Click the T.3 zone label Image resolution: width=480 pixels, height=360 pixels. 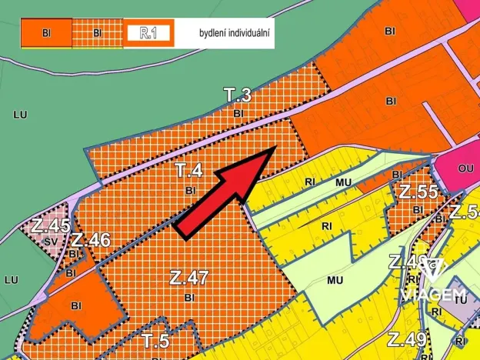pos(238,95)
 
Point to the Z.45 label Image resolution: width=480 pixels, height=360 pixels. pos(51,226)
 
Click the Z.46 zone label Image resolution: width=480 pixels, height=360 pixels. pos(92,240)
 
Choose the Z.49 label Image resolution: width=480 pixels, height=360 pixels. pos(406,338)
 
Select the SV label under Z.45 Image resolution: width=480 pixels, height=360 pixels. pos(51,242)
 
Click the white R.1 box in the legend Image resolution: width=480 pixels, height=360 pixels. pos(149,34)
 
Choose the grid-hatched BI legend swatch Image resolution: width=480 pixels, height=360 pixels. pos(97,34)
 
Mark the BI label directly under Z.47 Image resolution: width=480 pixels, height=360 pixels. pos(188,296)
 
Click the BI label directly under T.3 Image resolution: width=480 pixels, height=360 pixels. pos(238,113)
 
